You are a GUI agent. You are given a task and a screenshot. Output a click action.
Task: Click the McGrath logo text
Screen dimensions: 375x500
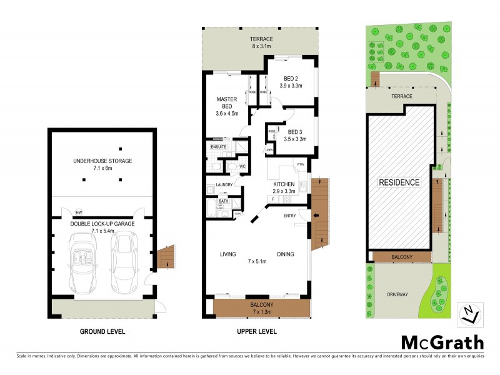(x=442, y=342)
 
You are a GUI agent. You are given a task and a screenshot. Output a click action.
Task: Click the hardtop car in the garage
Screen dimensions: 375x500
(x=124, y=262)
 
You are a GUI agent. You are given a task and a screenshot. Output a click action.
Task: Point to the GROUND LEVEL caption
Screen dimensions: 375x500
(x=102, y=331)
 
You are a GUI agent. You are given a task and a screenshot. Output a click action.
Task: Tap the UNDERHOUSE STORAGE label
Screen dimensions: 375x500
(x=102, y=161)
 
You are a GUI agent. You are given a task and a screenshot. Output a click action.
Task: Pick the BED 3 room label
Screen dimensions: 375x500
(x=297, y=131)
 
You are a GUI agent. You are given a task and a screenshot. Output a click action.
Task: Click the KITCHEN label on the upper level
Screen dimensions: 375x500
(x=284, y=184)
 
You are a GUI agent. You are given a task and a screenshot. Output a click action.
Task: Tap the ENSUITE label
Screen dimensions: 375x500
(x=217, y=147)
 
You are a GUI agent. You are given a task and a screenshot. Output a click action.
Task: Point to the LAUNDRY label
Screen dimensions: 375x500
(x=224, y=184)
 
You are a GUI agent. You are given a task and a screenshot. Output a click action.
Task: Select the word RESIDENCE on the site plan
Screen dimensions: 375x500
(x=399, y=182)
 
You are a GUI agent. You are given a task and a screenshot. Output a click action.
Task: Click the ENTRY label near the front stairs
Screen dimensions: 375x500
(x=289, y=216)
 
